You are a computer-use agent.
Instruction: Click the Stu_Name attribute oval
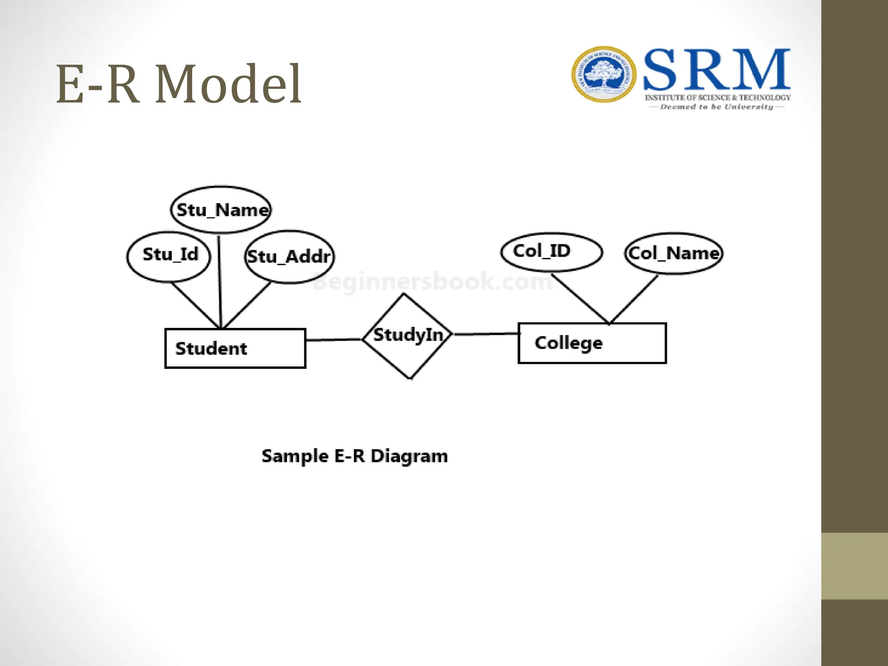221,210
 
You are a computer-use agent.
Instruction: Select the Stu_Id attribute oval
169,257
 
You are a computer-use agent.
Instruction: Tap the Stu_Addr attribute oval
289,257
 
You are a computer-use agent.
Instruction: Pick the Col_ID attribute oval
551,252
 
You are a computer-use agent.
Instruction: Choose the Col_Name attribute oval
674,253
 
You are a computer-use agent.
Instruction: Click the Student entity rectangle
235,349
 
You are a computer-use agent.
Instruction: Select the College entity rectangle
592,343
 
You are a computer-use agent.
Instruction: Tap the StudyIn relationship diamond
408,336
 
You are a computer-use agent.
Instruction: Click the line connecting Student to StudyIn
334,340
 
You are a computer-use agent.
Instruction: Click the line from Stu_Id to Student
195,305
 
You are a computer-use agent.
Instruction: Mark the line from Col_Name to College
634,299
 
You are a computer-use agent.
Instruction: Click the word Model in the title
228,84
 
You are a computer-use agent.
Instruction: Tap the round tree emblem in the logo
604,75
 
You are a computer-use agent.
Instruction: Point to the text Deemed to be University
716,107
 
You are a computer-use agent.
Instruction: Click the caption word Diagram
409,457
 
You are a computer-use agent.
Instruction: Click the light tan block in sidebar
854,566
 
